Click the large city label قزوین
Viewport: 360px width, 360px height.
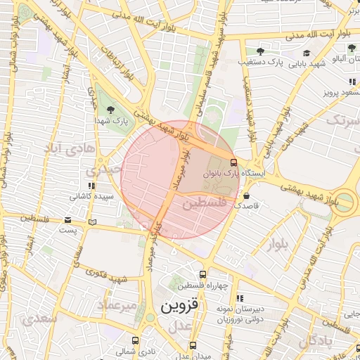(x=180, y=306)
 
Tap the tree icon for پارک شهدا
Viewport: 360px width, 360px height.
(x=111, y=108)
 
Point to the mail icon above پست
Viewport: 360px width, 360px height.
(x=67, y=219)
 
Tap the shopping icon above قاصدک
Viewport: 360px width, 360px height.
(x=246, y=195)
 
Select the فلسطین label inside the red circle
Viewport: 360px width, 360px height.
(x=205, y=203)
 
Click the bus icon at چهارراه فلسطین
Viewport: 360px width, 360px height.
(x=202, y=275)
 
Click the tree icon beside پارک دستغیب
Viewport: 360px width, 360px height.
(x=260, y=51)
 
